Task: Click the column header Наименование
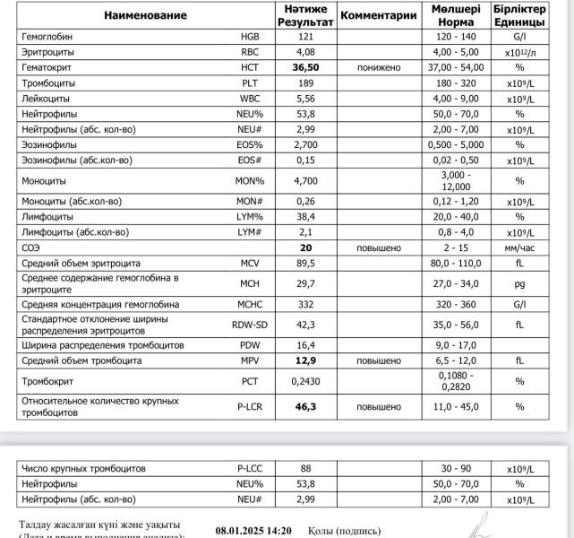pos(145,15)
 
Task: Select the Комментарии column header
pos(379,15)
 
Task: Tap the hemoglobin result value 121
pos(305,37)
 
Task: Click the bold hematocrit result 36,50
pos(305,67)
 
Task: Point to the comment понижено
pos(379,67)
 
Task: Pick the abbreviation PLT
pos(250,82)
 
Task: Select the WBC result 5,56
pos(305,98)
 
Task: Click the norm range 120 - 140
pos(457,37)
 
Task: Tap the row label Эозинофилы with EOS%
pos(54,144)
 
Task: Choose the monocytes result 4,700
pos(305,180)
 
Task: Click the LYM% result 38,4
pos(305,217)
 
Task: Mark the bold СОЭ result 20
pos(305,247)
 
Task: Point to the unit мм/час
pos(518,247)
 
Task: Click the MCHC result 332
pos(305,304)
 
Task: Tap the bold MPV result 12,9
pos(305,360)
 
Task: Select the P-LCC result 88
pos(305,468)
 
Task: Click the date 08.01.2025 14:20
pos(253,531)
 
